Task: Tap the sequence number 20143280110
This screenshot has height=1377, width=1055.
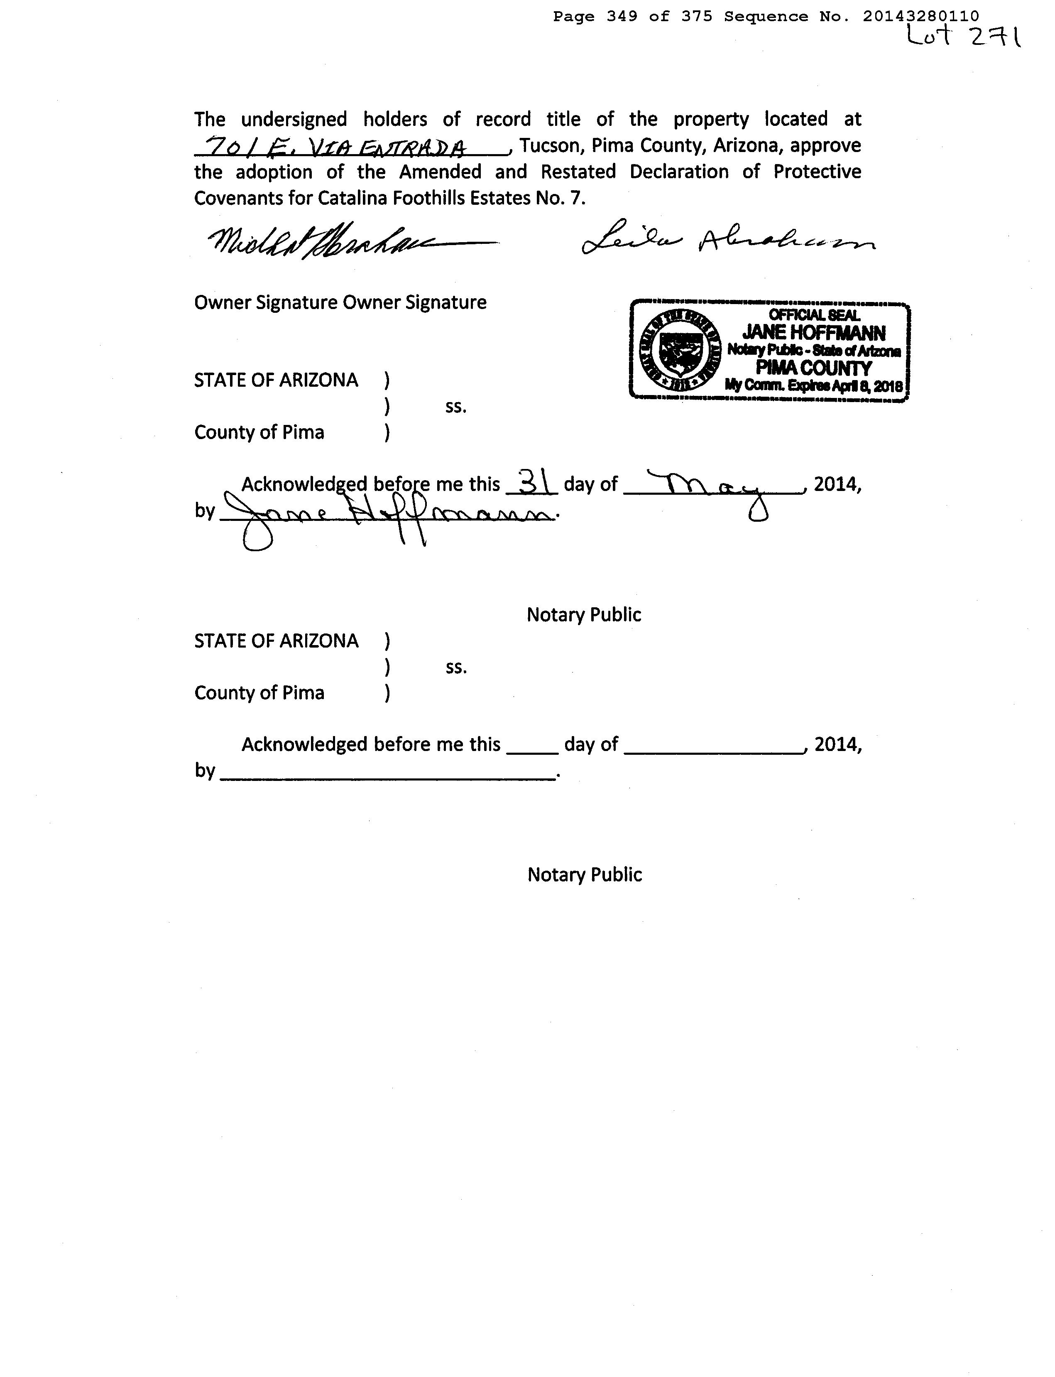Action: click(920, 16)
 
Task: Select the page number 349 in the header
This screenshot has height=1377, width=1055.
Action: click(622, 16)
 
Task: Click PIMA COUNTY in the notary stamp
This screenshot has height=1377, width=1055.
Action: click(814, 368)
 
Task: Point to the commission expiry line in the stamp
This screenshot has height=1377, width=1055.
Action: click(814, 385)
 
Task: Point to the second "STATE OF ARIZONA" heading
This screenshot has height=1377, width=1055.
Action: click(277, 641)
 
